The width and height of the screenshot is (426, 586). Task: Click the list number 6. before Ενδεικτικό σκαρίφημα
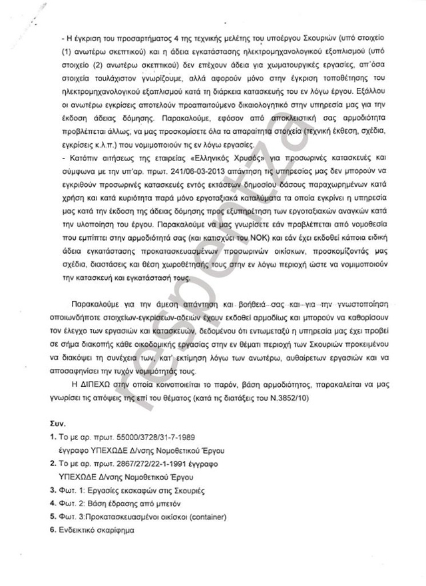[52, 531]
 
